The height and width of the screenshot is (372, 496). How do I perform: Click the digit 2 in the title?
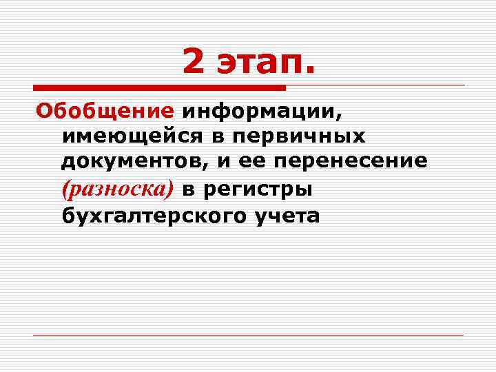tap(194, 63)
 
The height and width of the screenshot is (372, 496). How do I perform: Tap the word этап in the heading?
tap(265, 64)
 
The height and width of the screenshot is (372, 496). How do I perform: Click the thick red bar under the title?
tap(158, 87)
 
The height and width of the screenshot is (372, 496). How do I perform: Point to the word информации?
tap(262, 111)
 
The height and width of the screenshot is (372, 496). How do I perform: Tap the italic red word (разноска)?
tap(118, 188)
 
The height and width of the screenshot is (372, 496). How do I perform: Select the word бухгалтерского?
tap(152, 215)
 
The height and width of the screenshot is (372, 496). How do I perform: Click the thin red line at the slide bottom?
tap(248, 335)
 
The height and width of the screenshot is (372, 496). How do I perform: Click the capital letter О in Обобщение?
tap(43, 111)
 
